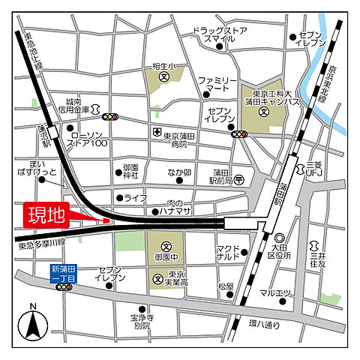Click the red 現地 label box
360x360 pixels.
pyautogui.click(x=46, y=215)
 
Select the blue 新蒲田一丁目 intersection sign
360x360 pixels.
pyautogui.click(x=64, y=273)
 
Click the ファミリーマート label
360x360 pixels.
pyautogui.click(x=217, y=83)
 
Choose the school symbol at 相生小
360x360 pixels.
pyautogui.click(x=163, y=76)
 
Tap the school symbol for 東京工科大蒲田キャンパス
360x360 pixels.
pyautogui.click(x=263, y=112)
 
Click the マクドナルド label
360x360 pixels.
pyautogui.click(x=226, y=253)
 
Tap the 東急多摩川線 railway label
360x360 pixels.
pyautogui.click(x=42, y=242)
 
